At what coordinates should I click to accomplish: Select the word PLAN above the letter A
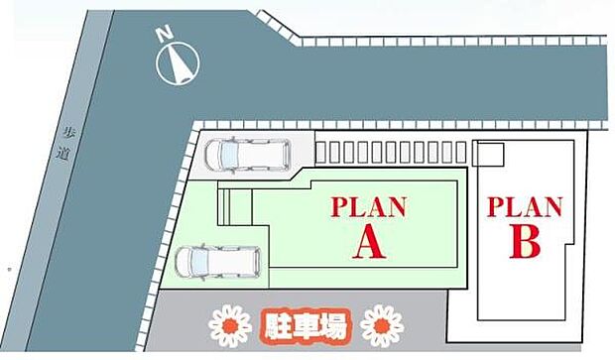[x=369, y=207]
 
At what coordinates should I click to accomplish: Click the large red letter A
[x=370, y=244]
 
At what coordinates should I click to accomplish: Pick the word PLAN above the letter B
[x=524, y=208]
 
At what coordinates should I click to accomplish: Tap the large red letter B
[x=524, y=244]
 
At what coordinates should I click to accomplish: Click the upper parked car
[x=246, y=154]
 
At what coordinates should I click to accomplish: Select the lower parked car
[x=217, y=262]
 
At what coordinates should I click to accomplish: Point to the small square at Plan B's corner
[x=487, y=154]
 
